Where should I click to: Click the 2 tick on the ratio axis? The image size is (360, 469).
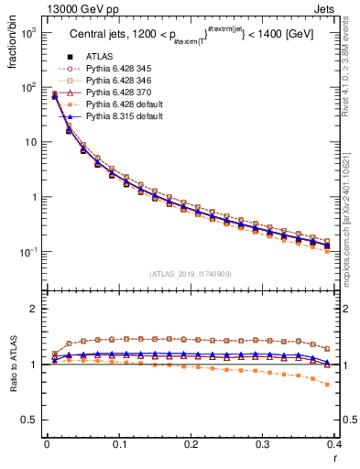(34, 309)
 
